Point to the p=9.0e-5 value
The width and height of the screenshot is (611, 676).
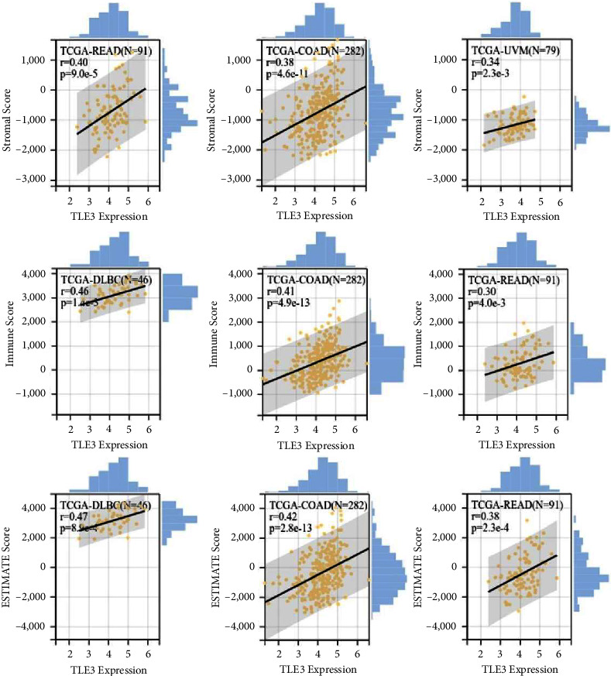[84, 76]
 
